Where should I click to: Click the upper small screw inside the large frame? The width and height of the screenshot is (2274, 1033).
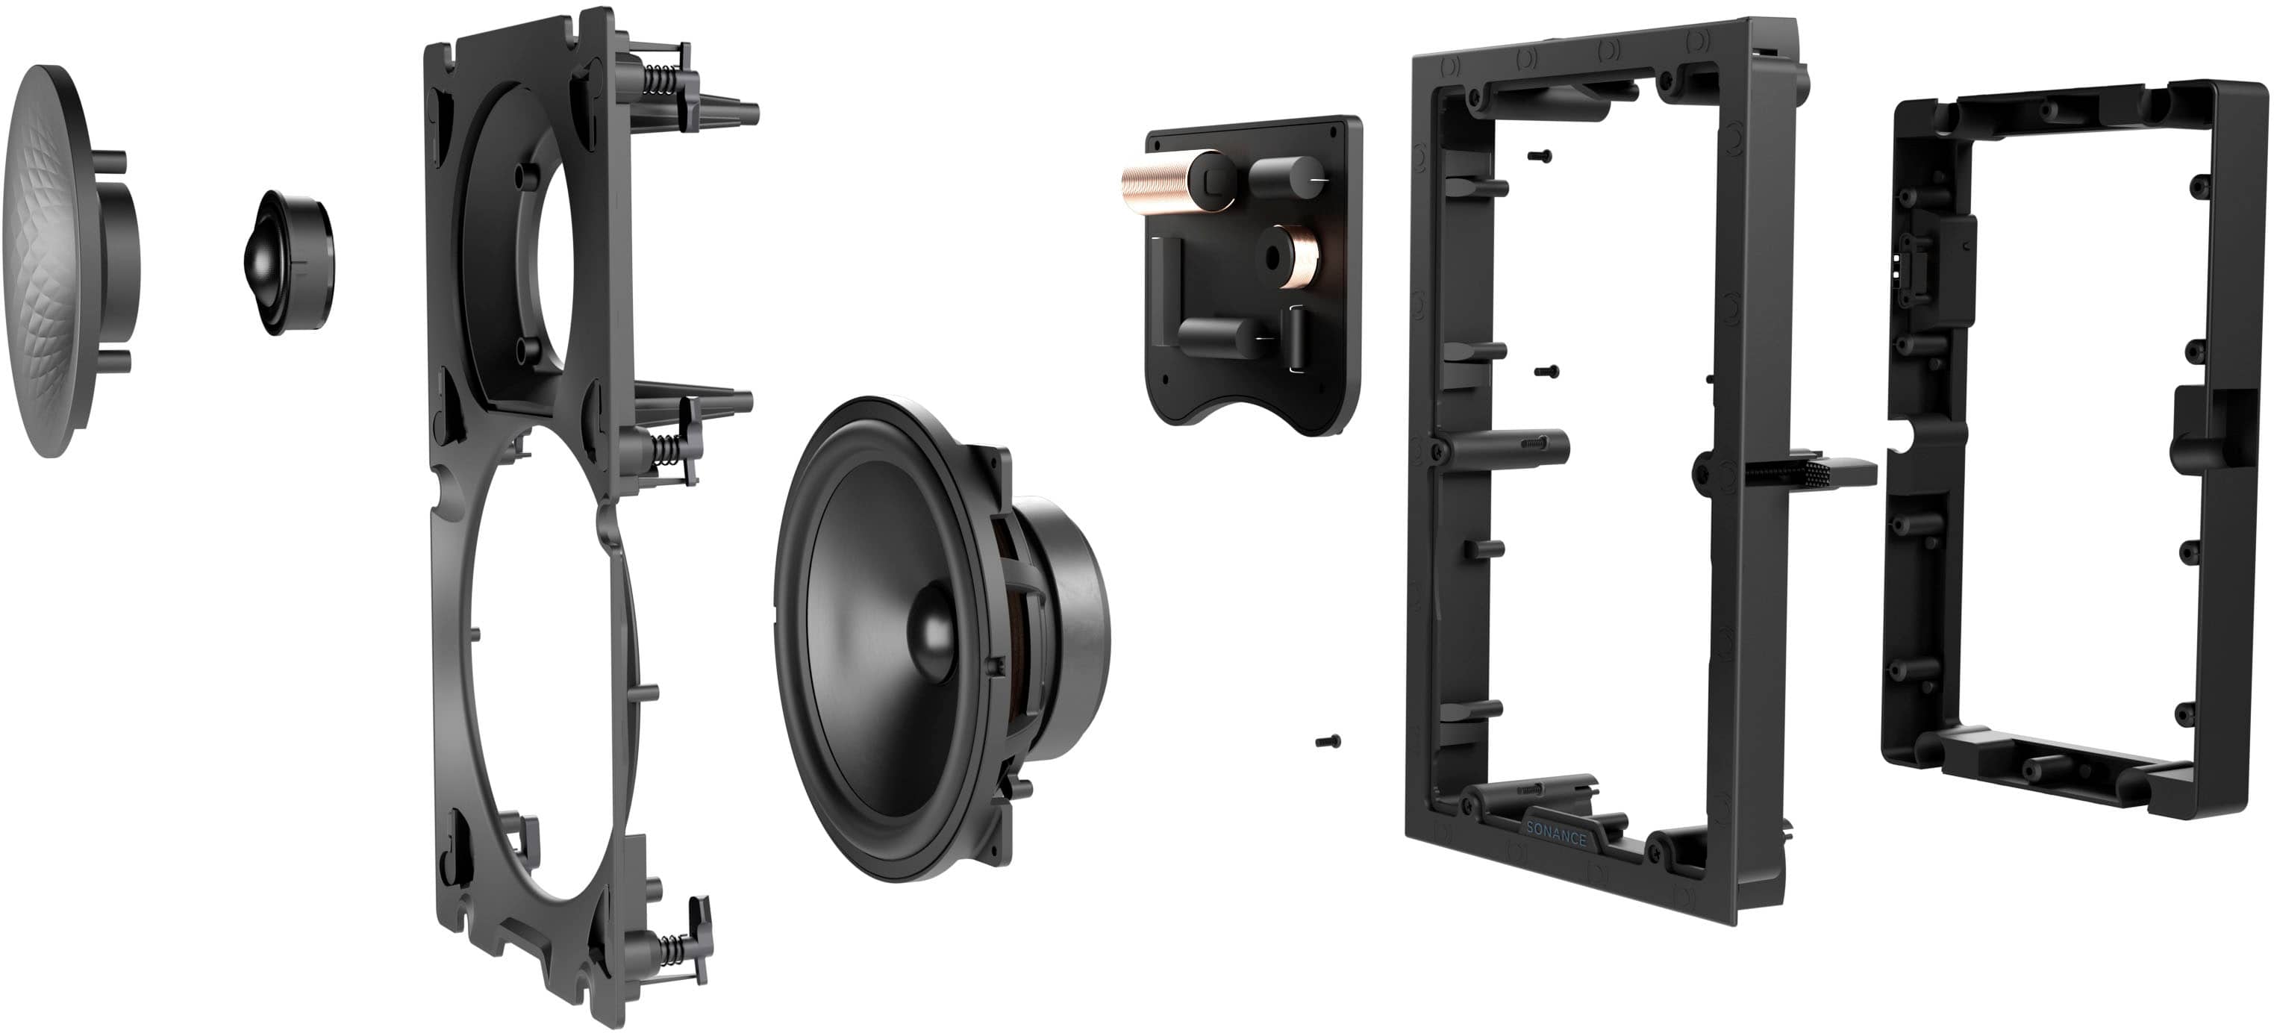point(1540,155)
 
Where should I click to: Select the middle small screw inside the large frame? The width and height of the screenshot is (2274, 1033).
point(1546,371)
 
